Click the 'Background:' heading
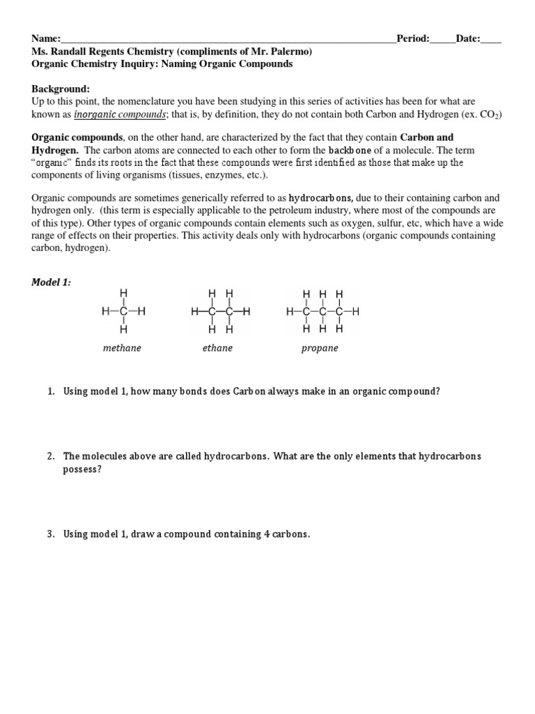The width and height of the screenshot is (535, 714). [61, 89]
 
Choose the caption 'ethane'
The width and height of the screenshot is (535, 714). [217, 347]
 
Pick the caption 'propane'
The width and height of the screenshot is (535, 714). [320, 347]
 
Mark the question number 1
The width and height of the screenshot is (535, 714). [51, 391]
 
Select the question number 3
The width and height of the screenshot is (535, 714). [51, 534]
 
